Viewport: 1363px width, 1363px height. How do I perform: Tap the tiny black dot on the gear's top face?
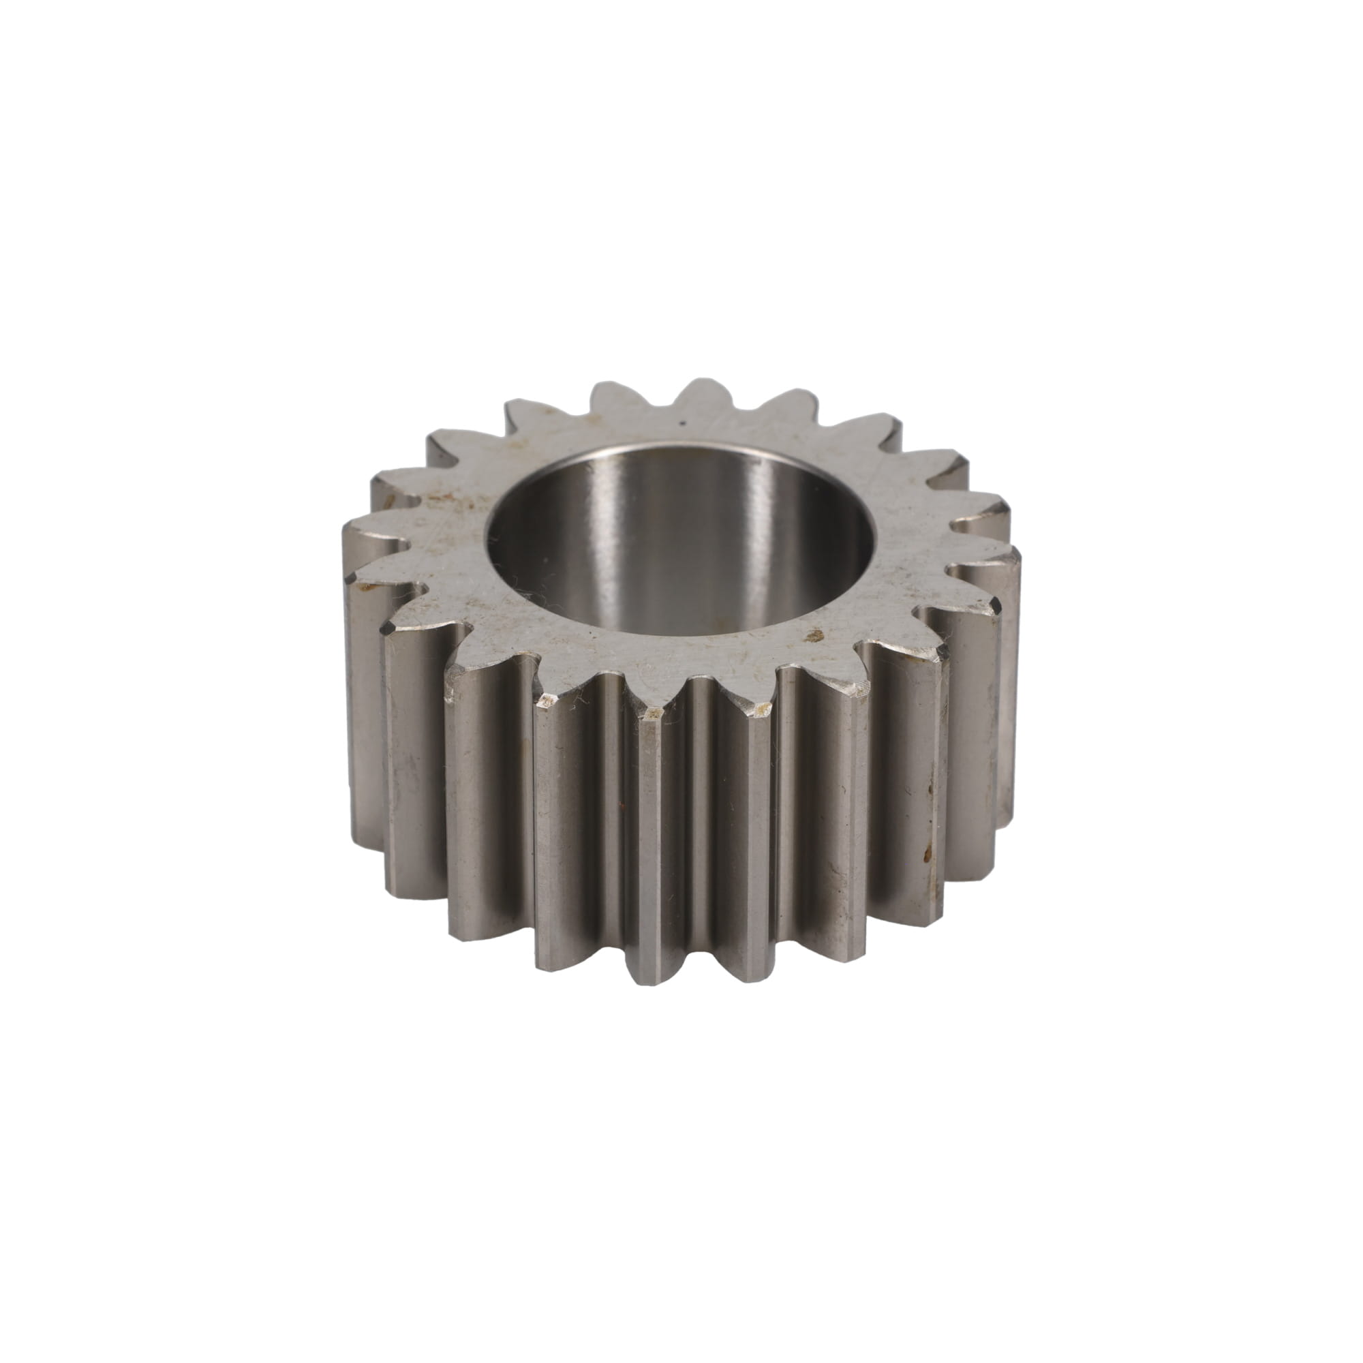681,424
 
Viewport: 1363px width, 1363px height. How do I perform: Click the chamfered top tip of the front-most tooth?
652,717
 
